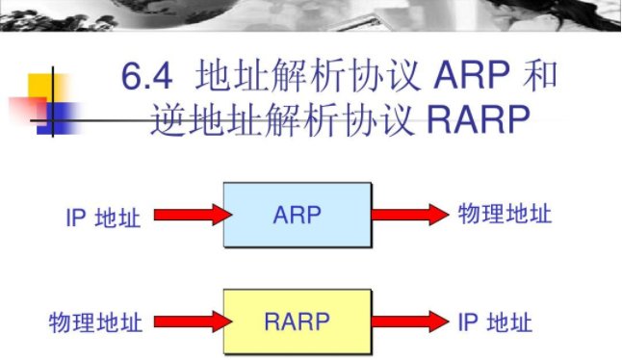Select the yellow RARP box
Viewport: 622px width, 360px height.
pos(298,321)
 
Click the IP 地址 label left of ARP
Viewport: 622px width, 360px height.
pos(102,218)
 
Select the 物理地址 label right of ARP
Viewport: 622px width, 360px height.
pos(505,213)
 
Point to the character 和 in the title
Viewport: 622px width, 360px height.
pos(539,76)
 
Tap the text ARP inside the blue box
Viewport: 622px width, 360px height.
pos(297,215)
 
